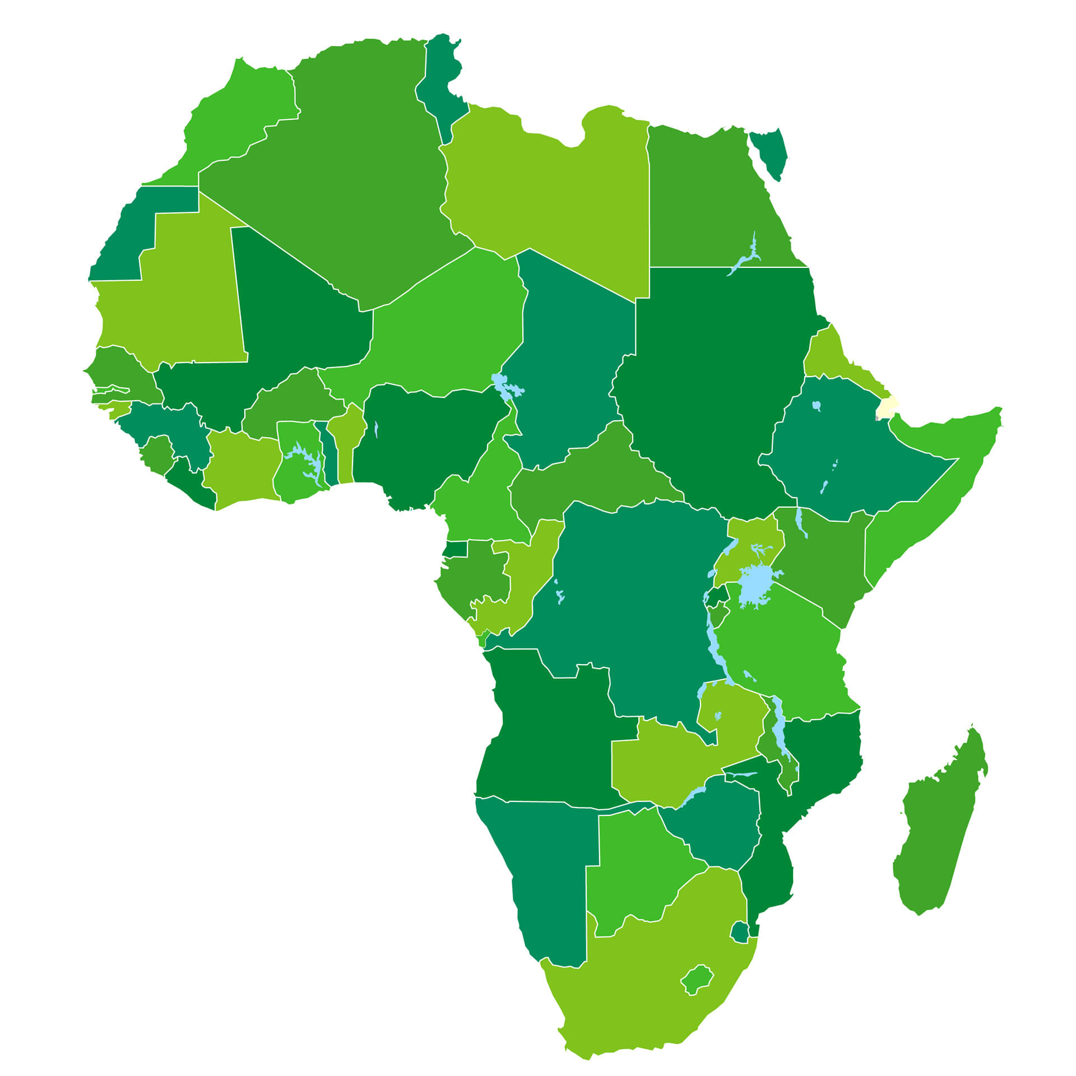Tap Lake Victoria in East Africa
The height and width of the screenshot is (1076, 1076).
[756, 586]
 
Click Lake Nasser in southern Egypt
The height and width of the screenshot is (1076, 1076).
[748, 258]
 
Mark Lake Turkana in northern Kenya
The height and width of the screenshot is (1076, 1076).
[801, 521]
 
